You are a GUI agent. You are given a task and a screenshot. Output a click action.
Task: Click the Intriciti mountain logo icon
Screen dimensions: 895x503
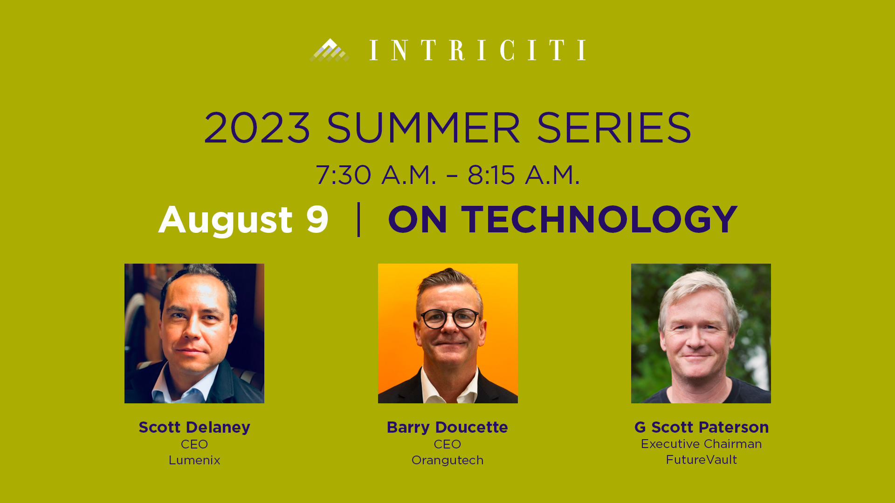(x=330, y=50)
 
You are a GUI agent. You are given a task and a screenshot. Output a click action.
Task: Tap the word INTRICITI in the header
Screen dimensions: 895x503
(x=478, y=50)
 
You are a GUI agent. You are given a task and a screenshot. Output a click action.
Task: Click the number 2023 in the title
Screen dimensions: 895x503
(x=257, y=128)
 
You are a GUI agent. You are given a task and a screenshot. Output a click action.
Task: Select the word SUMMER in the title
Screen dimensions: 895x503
(x=423, y=128)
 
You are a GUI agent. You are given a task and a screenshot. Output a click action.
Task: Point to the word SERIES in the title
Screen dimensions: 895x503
(x=614, y=128)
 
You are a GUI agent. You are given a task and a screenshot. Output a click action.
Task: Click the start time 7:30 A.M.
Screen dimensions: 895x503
(x=376, y=175)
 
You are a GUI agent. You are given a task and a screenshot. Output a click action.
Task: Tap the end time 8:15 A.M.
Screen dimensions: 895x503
(x=523, y=175)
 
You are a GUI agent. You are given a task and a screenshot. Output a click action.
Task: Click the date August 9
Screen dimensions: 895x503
(x=243, y=220)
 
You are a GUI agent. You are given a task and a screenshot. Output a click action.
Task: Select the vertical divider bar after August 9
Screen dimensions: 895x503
(x=358, y=219)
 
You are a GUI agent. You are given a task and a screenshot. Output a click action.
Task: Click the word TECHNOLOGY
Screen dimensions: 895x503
(x=599, y=219)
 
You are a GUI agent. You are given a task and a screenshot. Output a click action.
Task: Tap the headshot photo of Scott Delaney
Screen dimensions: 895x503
(x=194, y=333)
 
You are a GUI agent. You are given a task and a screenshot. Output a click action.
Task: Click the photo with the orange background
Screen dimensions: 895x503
(x=448, y=333)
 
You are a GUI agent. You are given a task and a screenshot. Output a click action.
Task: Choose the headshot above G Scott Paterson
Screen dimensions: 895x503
(x=701, y=333)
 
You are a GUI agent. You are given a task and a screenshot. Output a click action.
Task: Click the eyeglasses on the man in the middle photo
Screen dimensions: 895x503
(x=449, y=319)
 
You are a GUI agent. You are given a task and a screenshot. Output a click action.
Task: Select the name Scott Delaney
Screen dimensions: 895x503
(x=194, y=427)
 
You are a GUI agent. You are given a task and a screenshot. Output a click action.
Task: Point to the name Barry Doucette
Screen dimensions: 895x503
(x=447, y=427)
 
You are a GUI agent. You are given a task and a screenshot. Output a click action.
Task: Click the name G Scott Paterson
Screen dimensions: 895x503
(x=702, y=427)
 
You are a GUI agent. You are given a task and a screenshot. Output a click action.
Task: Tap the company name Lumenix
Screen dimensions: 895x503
(x=194, y=460)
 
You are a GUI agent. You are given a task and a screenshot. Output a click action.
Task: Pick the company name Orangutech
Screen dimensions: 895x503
(x=447, y=460)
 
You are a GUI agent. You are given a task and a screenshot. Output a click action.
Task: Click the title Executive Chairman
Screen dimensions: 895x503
(x=702, y=444)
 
